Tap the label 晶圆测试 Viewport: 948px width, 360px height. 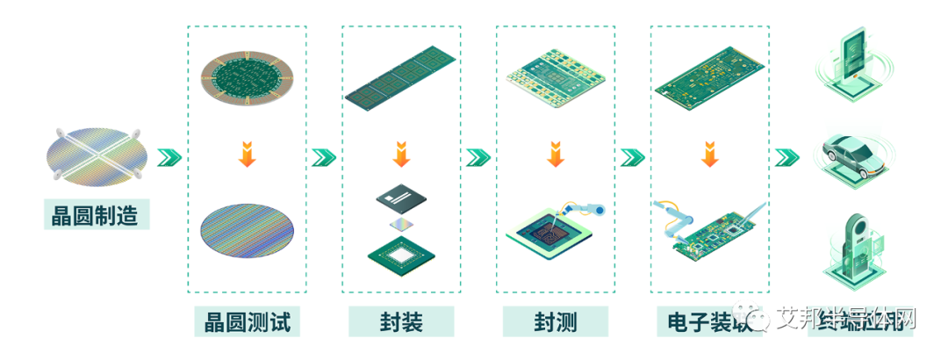(x=247, y=321)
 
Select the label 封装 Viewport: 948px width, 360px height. (x=402, y=321)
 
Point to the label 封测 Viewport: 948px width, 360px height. (x=556, y=321)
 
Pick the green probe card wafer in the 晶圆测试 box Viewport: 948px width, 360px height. (x=247, y=87)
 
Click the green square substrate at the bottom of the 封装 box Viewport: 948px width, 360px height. (x=401, y=254)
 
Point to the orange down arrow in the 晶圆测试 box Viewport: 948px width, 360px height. (x=247, y=155)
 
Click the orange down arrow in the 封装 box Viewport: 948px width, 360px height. (x=401, y=155)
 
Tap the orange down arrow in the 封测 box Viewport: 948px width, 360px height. (x=555, y=155)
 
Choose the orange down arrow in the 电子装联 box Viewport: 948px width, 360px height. (x=709, y=155)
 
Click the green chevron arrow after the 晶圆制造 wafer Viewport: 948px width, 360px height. (x=169, y=157)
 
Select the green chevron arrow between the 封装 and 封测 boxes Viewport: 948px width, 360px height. (x=478, y=157)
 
